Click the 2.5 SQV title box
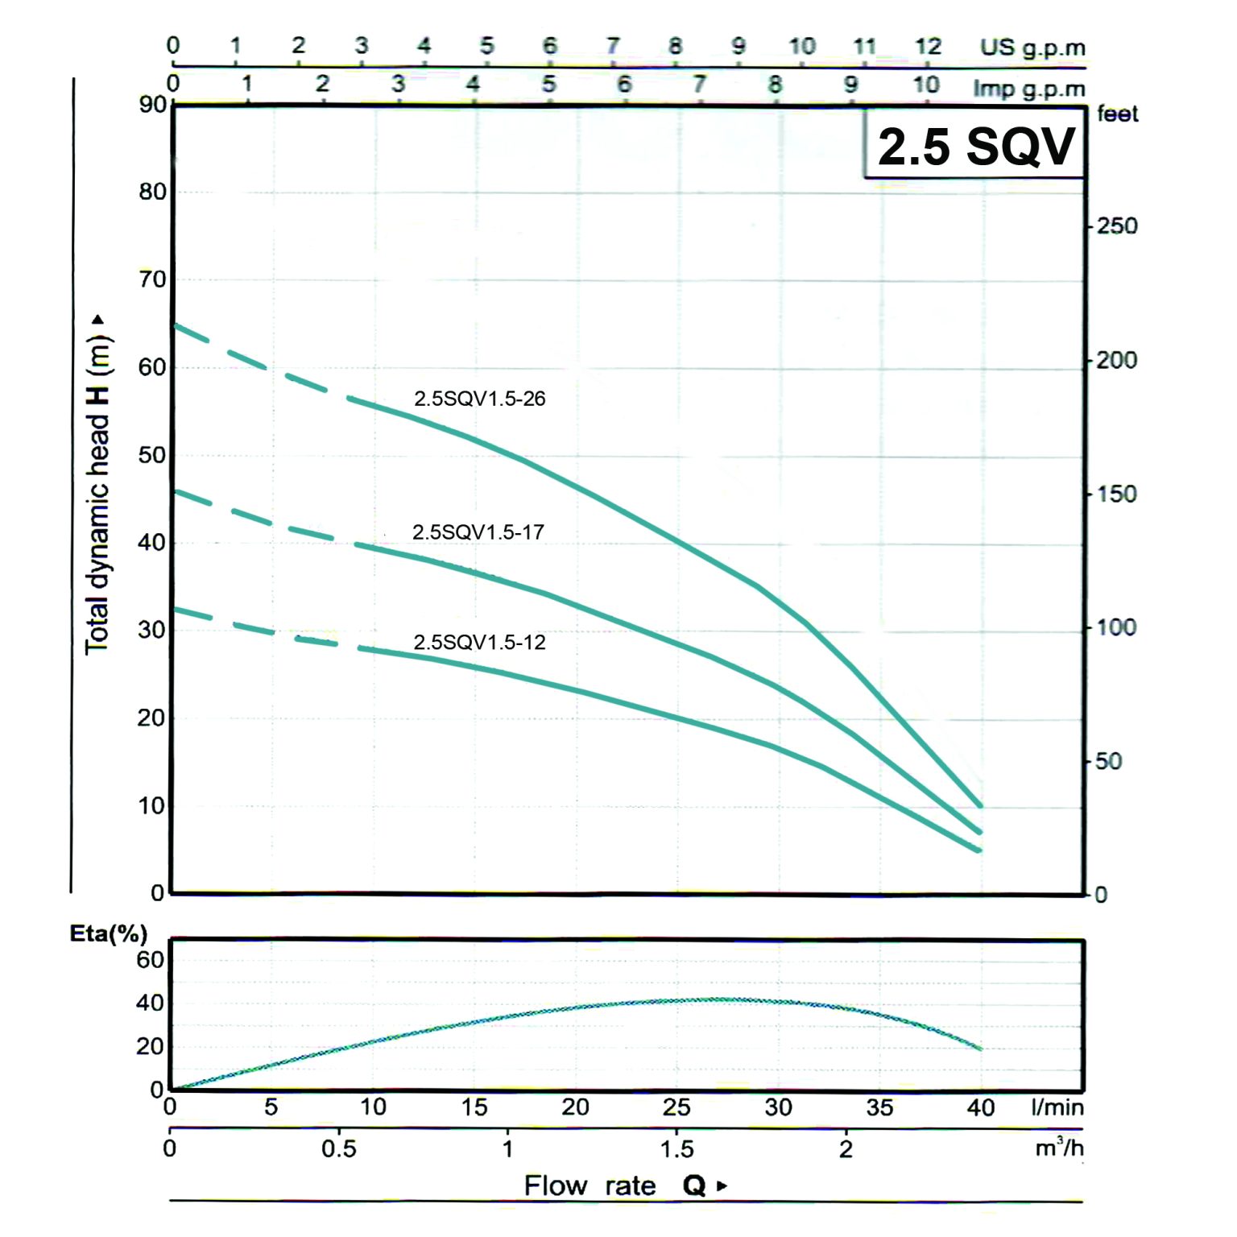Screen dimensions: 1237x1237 tap(975, 146)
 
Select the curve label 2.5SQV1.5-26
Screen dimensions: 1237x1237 tap(479, 399)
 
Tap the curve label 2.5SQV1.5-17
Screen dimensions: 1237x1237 tap(478, 532)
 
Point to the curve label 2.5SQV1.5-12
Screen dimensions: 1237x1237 tap(479, 643)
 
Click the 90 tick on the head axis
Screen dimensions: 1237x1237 tap(152, 105)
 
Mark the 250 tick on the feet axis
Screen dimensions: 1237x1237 tap(1116, 226)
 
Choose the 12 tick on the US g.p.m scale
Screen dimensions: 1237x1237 tap(928, 47)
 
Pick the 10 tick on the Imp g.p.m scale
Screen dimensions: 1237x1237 tap(925, 84)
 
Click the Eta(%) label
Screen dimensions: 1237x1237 tap(109, 933)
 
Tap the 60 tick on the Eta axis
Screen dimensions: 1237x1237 tap(150, 960)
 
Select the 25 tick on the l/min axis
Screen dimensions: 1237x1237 tap(676, 1107)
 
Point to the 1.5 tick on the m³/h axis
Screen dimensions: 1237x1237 tap(676, 1148)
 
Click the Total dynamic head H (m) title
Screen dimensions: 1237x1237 tap(97, 483)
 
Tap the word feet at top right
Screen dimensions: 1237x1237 tap(1117, 114)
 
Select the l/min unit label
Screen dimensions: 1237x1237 tap(1057, 1107)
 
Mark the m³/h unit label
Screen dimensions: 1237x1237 tap(1058, 1147)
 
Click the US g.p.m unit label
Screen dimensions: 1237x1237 tap(1032, 48)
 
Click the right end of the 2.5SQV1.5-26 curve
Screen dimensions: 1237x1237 tap(979, 805)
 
